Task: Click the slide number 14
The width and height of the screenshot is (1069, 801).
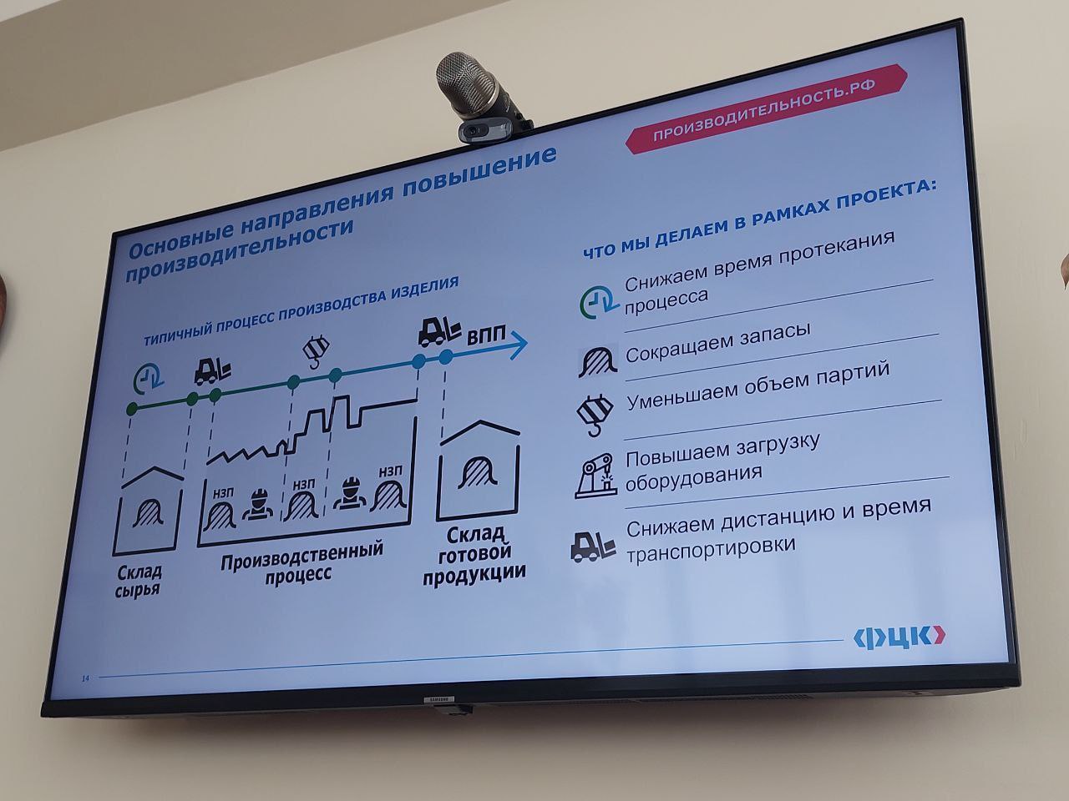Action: (86, 678)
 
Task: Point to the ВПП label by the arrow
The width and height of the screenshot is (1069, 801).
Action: (485, 335)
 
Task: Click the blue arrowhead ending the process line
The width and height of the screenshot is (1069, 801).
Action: (519, 345)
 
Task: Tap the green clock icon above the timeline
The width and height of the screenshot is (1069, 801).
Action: (149, 380)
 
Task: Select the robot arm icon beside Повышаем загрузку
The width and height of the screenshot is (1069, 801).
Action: (595, 476)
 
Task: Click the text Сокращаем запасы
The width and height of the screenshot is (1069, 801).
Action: (718, 342)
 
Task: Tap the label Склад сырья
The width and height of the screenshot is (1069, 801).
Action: (139, 580)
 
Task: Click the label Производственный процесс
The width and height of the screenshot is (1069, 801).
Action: (301, 562)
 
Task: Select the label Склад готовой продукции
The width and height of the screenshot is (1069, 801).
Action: (474, 556)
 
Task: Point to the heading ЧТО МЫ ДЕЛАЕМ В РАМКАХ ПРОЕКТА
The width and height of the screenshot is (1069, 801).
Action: (760, 220)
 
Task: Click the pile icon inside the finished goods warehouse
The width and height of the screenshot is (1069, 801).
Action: (478, 471)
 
